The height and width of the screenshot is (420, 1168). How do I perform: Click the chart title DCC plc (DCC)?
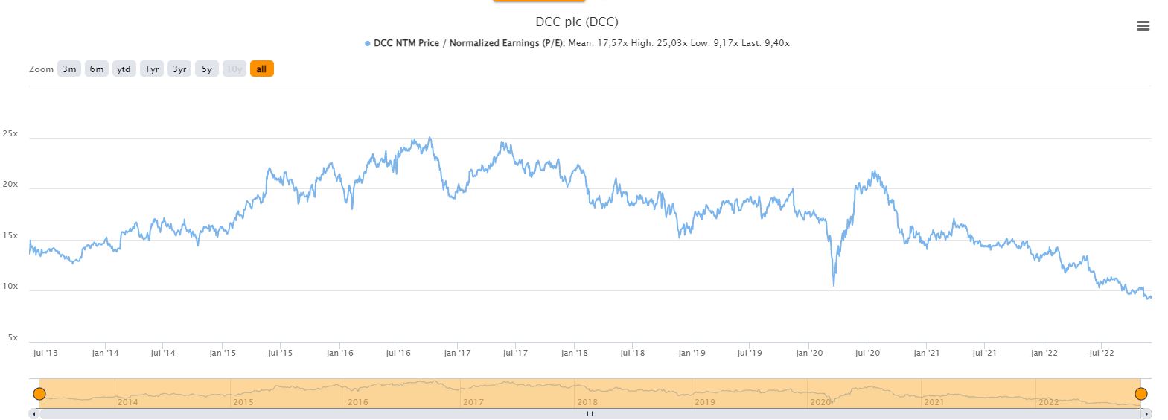[576, 22]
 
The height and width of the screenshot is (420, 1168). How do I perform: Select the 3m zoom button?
[69, 69]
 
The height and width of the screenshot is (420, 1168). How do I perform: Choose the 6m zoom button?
[97, 69]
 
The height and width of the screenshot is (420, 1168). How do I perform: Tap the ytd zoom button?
[124, 69]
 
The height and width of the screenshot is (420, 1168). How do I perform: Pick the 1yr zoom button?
[152, 69]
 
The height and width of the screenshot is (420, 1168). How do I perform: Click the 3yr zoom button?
[179, 69]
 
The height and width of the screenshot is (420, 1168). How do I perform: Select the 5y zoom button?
[207, 69]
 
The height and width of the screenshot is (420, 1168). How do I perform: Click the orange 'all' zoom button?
[261, 69]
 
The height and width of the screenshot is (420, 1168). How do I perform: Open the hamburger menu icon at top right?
[1143, 26]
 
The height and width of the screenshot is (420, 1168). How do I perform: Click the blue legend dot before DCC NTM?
[368, 44]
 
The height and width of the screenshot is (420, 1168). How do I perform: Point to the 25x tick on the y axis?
[10, 134]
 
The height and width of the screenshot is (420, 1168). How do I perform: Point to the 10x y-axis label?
[10, 287]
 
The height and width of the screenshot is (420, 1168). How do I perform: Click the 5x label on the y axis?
[13, 337]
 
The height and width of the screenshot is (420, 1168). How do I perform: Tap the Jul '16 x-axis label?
[398, 353]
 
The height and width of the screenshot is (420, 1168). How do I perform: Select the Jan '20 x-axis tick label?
[808, 353]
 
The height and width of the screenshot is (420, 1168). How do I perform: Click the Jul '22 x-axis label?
[1101, 353]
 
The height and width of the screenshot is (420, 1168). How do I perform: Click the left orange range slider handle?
[39, 394]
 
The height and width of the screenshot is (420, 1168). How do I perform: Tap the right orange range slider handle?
[1140, 394]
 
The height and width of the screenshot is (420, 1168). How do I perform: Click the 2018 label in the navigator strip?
[587, 402]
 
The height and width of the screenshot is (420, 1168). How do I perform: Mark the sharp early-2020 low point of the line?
[834, 285]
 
